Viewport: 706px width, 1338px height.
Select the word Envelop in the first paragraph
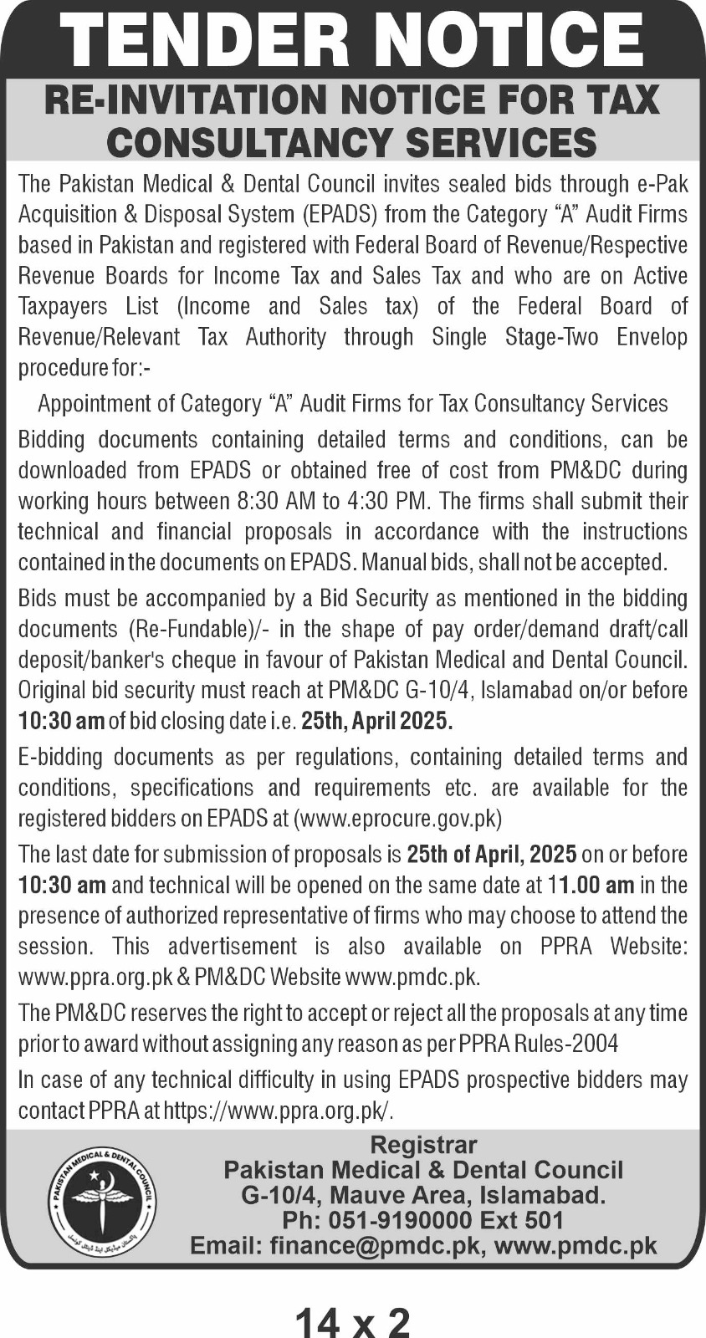[652, 337]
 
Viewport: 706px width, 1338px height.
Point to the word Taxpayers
[64, 307]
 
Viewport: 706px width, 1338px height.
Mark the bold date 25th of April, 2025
[492, 855]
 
